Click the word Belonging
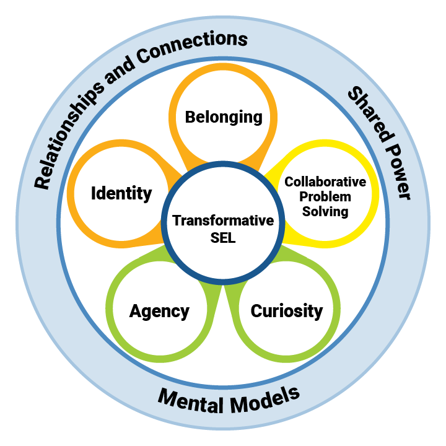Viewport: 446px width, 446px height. (224, 116)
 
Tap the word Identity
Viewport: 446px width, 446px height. (121, 193)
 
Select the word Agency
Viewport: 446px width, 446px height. (159, 310)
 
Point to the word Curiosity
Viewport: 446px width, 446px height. (287, 310)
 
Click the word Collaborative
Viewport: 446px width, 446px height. (325, 183)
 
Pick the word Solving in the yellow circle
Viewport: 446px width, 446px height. (325, 211)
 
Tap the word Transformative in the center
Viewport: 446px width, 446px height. (223, 221)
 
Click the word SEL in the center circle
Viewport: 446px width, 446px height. (223, 238)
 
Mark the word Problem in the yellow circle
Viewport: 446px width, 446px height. (325, 197)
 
